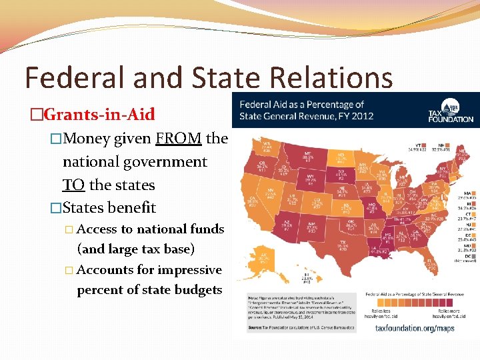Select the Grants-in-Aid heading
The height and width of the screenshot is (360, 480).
point(98,114)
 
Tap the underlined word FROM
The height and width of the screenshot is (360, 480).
point(179,139)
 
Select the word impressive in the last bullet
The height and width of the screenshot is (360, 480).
point(189,270)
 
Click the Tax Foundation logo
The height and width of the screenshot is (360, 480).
point(451,111)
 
